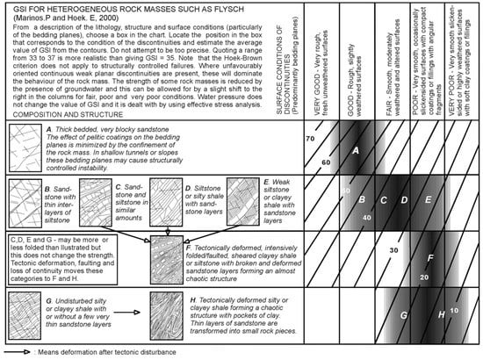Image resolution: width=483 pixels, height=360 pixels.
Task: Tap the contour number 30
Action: coord(393,251)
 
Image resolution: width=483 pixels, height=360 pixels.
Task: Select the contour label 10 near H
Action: coord(454,309)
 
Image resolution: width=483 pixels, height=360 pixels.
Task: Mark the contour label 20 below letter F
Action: coord(423,277)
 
